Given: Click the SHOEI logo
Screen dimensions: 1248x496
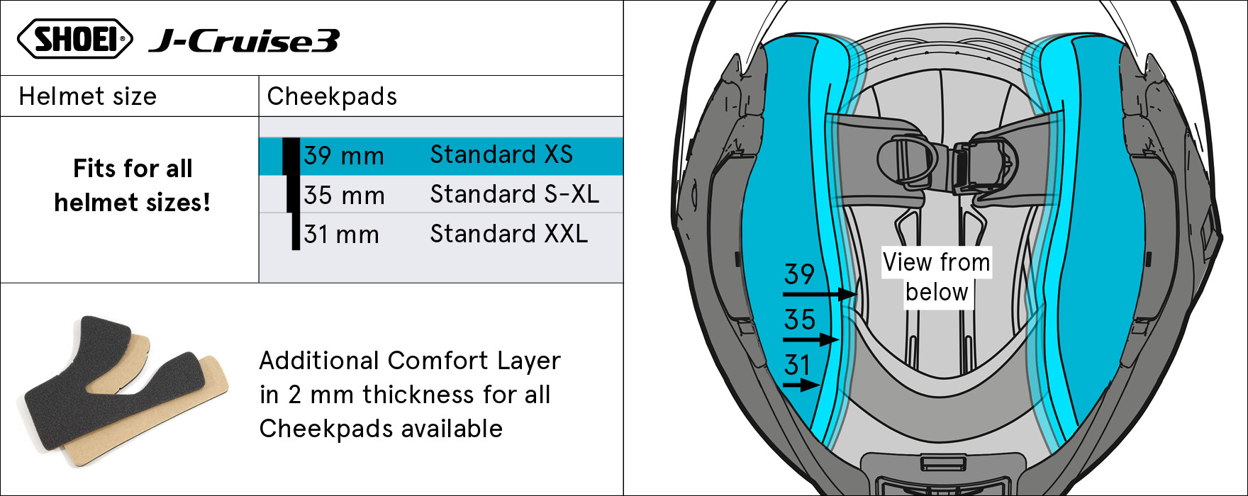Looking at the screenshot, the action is (74, 39).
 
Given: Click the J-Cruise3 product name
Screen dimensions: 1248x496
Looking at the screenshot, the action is (244, 41).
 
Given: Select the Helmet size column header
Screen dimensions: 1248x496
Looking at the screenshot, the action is (88, 96).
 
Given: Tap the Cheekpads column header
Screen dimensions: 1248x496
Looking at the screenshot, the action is (332, 96).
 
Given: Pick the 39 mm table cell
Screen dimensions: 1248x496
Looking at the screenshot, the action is (344, 156).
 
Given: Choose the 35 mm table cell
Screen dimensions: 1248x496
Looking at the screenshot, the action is (344, 196).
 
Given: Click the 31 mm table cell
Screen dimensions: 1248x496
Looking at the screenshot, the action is (341, 235).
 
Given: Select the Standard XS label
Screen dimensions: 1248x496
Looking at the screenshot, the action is (501, 154).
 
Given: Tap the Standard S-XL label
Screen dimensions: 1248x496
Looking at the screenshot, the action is (515, 194).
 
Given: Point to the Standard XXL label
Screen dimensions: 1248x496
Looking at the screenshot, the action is (509, 234).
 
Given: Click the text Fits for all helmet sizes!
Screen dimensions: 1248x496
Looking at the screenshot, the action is (133, 186).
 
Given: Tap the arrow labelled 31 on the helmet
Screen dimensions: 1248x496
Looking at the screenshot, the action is (801, 385).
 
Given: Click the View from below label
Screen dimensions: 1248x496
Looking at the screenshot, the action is (937, 277).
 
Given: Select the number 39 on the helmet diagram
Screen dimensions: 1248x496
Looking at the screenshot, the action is (799, 274).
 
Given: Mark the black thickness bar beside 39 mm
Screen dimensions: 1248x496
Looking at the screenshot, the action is (291, 156).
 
